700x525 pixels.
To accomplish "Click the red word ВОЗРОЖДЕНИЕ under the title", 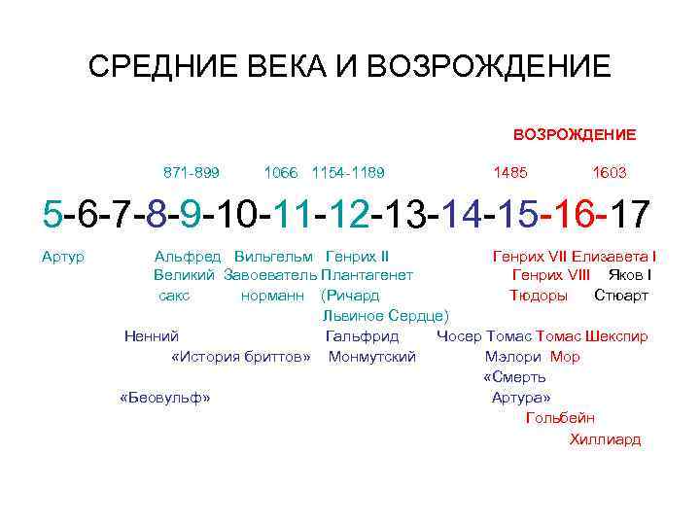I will tap(575, 134).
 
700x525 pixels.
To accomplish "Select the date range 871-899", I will tap(192, 172).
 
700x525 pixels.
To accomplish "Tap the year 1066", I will tap(281, 172).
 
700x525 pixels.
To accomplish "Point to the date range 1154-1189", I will tap(348, 172).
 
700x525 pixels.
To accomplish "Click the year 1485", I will tap(510, 172).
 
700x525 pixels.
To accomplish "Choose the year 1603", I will tap(610, 172).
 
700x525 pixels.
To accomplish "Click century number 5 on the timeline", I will tap(51, 214).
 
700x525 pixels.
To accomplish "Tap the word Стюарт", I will tap(621, 295).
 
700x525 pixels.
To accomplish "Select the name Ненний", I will tap(151, 336).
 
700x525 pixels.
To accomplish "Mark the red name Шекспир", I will tap(617, 336).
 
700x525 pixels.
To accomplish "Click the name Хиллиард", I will tap(605, 438).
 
